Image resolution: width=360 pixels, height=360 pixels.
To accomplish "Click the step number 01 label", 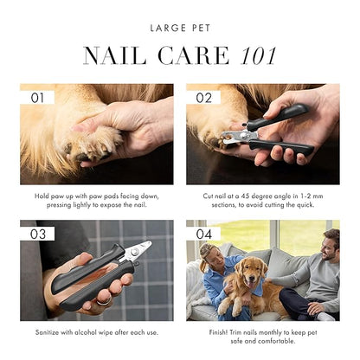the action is pos(37,98).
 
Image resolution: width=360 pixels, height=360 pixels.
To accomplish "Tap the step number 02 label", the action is pos(204,98).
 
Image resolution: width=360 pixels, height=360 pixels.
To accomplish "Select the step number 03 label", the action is pos(38,235).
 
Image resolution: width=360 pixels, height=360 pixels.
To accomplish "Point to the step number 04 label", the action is pos(204,234).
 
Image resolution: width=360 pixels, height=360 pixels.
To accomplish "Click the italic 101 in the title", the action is pos(259,55).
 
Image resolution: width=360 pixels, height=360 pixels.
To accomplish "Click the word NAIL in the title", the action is pos(115,55).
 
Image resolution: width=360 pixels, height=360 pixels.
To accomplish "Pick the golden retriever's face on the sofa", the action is pos(249,270).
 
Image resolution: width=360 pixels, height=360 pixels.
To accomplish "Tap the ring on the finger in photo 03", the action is pos(104,301).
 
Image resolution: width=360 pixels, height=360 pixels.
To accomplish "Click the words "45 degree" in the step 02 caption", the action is pos(263,196).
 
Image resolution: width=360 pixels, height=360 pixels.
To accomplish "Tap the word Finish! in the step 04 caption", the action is pos(219,332).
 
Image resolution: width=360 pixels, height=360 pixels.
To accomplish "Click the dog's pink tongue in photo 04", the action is pos(251,285).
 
